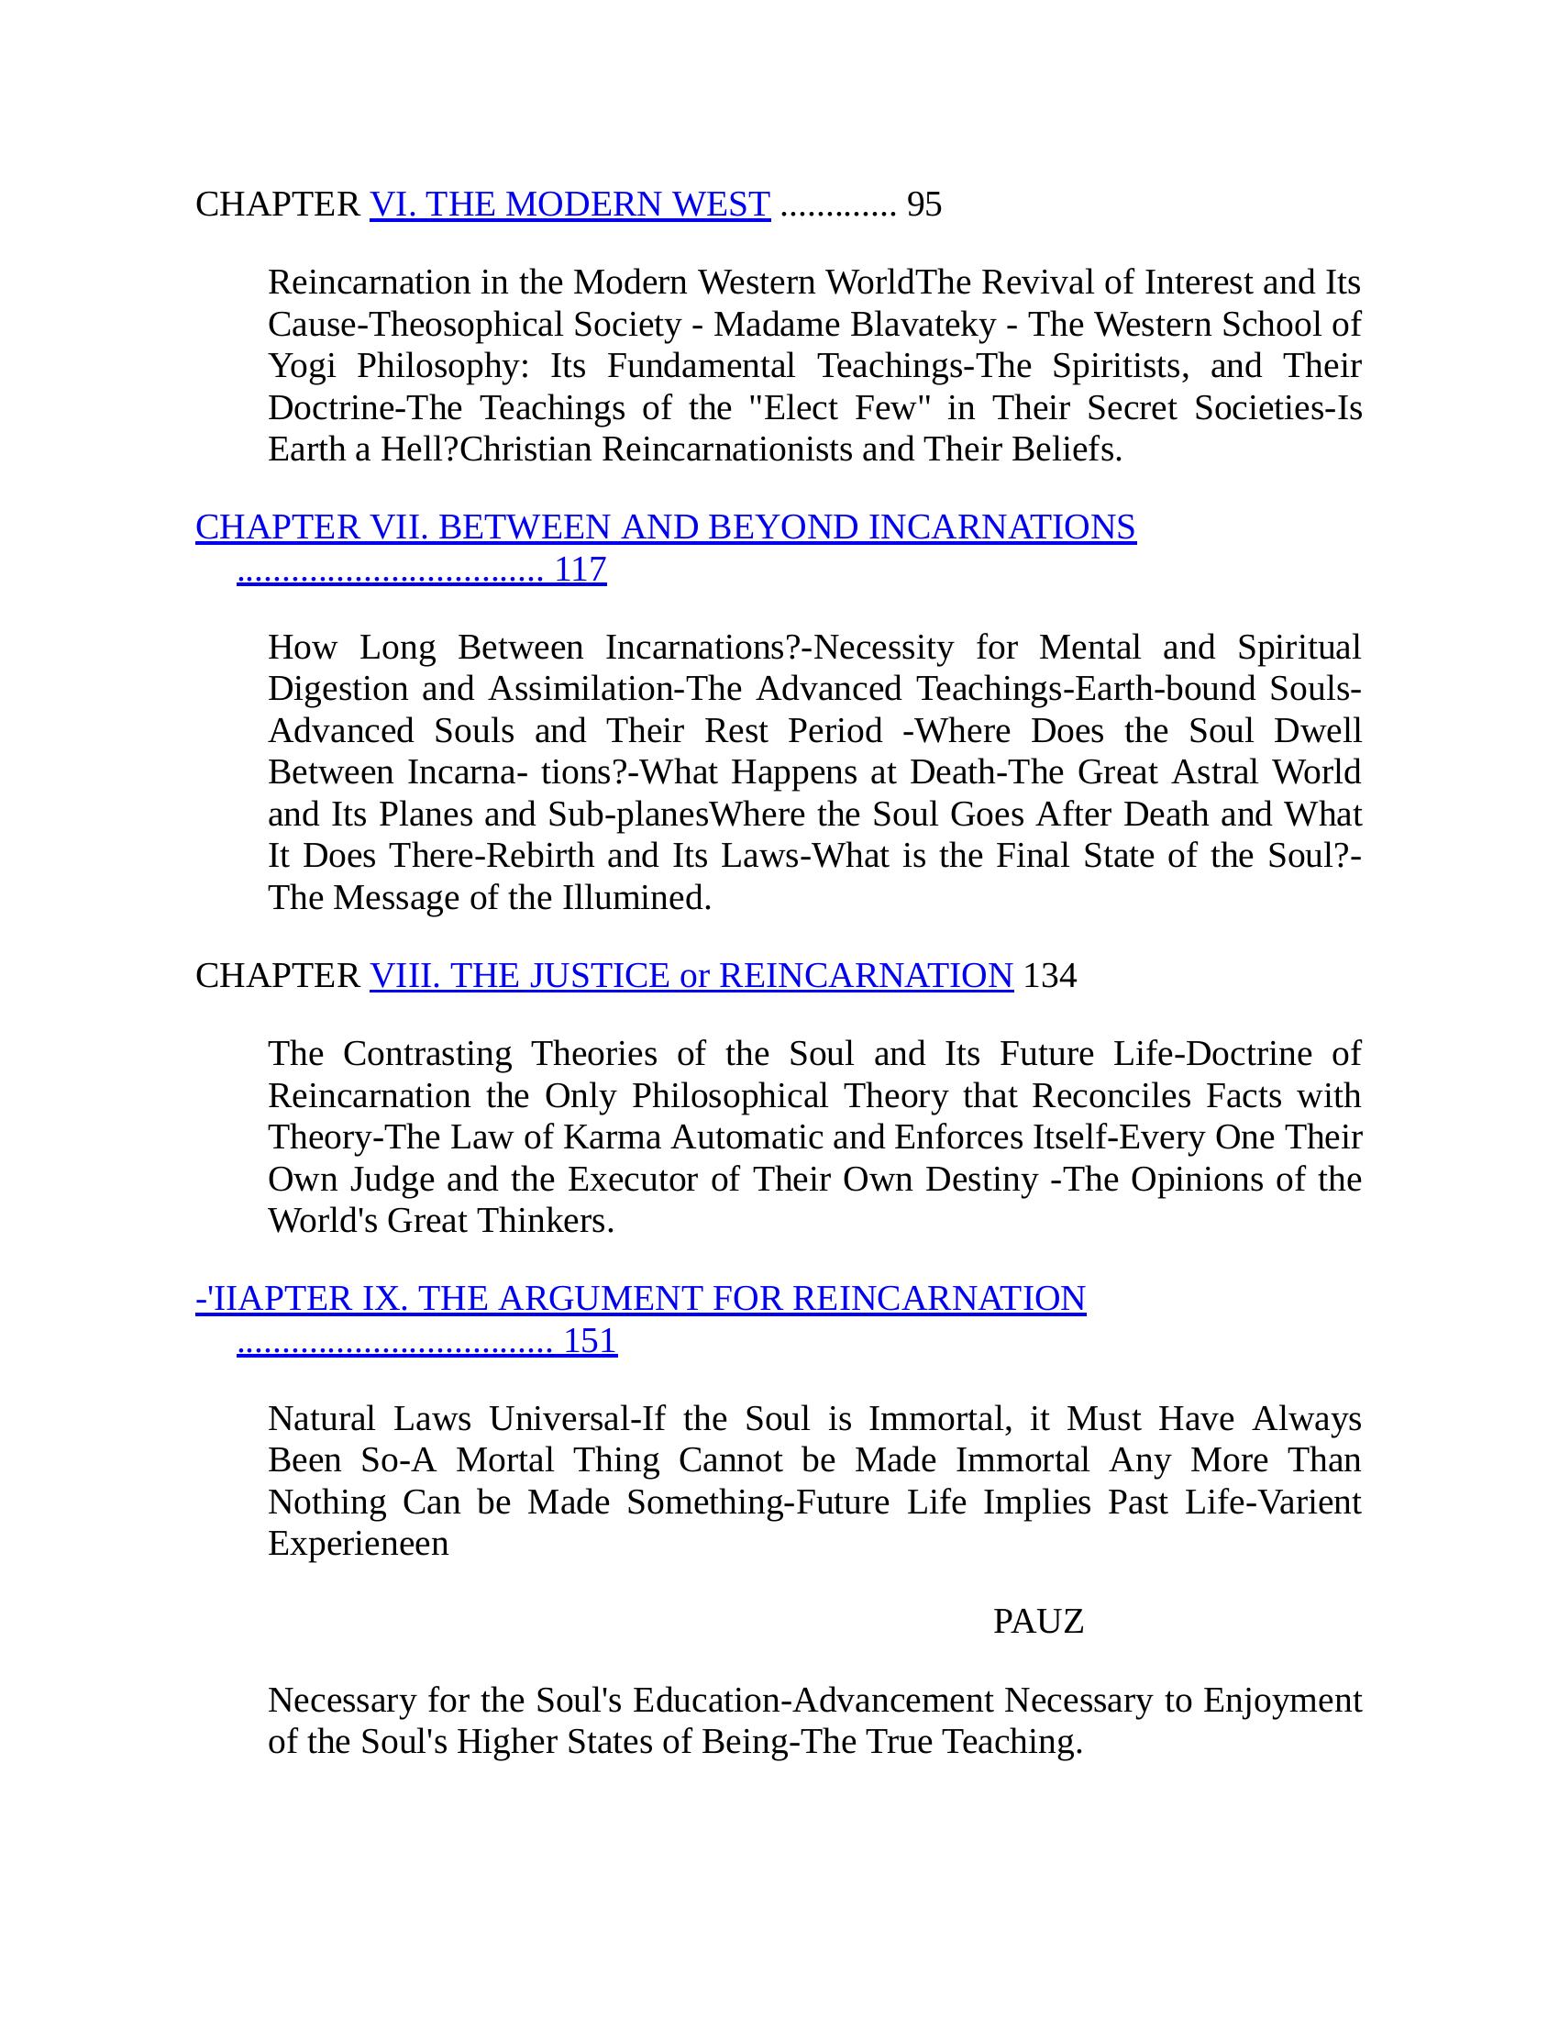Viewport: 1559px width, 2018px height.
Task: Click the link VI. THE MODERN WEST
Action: coord(569,205)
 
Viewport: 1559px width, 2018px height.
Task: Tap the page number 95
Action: coord(924,205)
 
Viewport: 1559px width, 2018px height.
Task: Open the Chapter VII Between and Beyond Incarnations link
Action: coord(665,527)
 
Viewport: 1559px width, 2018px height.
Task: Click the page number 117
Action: coord(580,570)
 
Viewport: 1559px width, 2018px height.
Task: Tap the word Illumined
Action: coord(636,897)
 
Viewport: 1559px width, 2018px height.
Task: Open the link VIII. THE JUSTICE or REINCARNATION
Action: coord(691,976)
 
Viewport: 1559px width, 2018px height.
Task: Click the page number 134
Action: coord(1050,976)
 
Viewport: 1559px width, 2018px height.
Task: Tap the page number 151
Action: coord(591,1341)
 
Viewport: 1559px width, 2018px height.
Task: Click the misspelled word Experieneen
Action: coord(359,1543)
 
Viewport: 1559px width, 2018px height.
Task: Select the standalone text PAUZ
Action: coord(1038,1621)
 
